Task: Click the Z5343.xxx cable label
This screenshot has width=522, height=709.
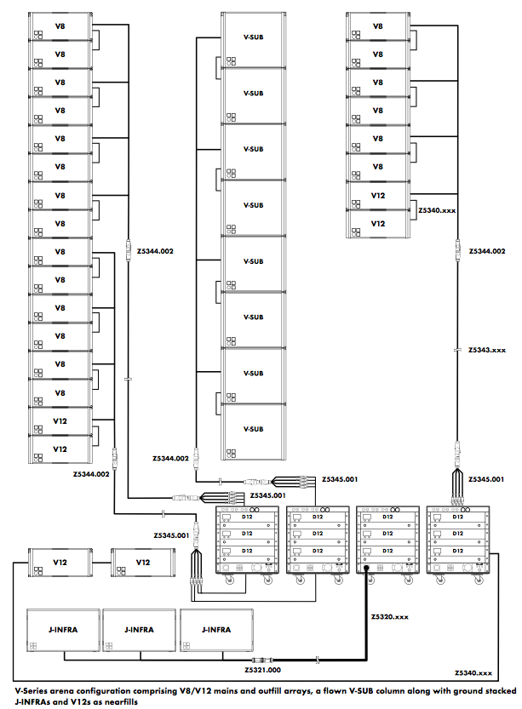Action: pyautogui.click(x=488, y=350)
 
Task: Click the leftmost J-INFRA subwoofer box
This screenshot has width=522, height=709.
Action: pyautogui.click(x=64, y=631)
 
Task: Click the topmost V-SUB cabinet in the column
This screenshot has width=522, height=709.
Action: pyautogui.click(x=252, y=38)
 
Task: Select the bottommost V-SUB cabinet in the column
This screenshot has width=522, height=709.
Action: pyautogui.click(x=252, y=429)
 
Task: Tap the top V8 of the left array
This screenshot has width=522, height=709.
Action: pyautogui.click(x=60, y=26)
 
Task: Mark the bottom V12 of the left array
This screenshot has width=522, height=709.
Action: pyautogui.click(x=60, y=448)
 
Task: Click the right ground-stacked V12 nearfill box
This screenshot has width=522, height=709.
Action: pyautogui.click(x=142, y=563)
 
